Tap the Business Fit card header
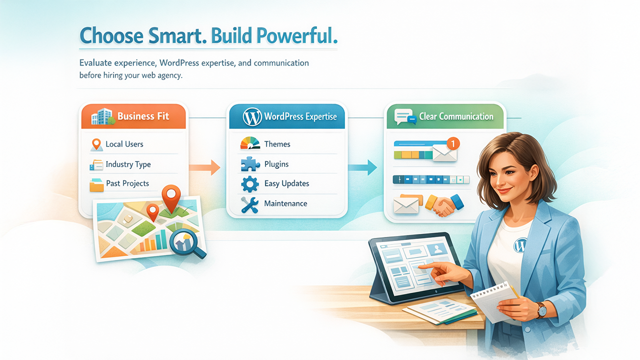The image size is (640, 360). tap(133, 117)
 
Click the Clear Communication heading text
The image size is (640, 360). tap(456, 116)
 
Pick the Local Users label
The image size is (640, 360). tap(124, 144)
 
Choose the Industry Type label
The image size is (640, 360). tap(128, 164)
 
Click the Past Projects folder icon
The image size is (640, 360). tap(96, 184)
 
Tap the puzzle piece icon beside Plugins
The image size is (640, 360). tap(250, 164)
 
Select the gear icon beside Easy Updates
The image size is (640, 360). tap(250, 184)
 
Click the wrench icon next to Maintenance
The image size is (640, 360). tap(249, 204)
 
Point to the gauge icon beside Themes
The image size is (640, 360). tap(250, 143)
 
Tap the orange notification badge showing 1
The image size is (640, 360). tap(452, 143)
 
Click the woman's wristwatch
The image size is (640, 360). tap(541, 310)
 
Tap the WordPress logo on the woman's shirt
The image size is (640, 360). tap(520, 245)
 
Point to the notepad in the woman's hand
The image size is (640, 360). tap(495, 300)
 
